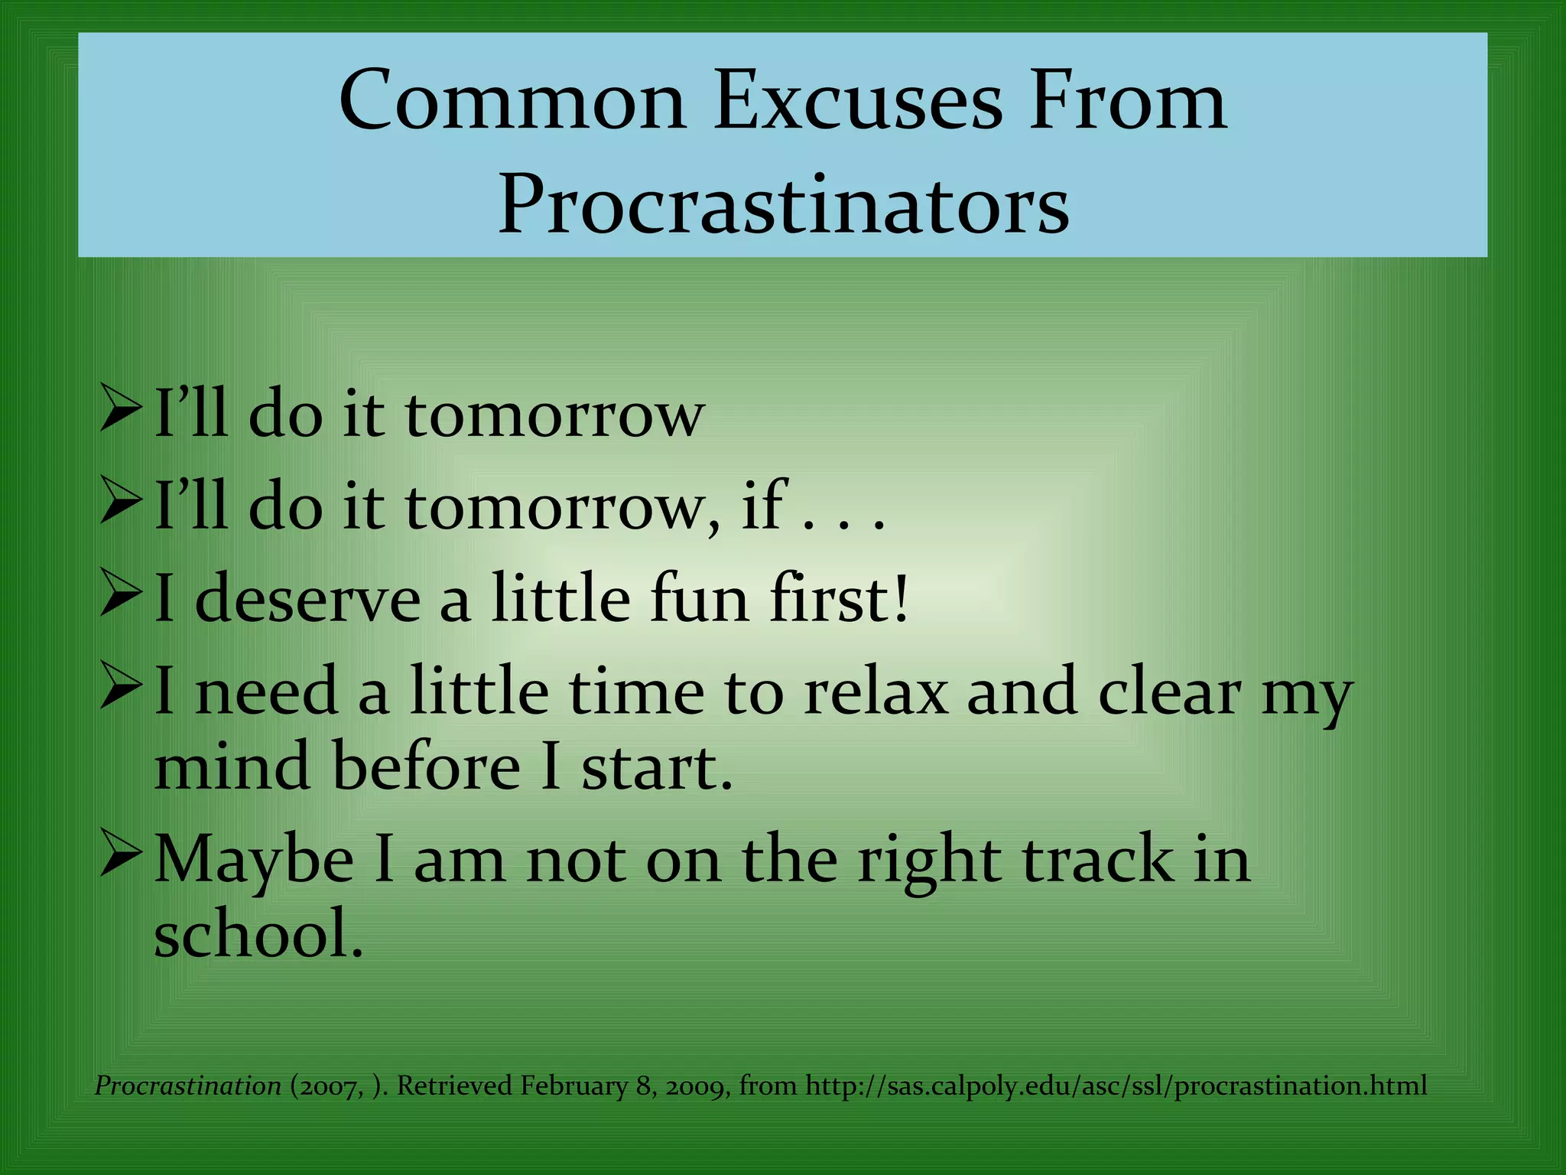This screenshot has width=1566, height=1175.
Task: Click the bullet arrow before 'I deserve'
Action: pyautogui.click(x=120, y=598)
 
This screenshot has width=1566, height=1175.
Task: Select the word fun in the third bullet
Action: pyautogui.click(x=699, y=598)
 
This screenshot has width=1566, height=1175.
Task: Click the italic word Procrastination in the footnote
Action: pyautogui.click(x=188, y=1086)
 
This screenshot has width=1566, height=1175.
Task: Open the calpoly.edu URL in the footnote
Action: pyautogui.click(x=1116, y=1086)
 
